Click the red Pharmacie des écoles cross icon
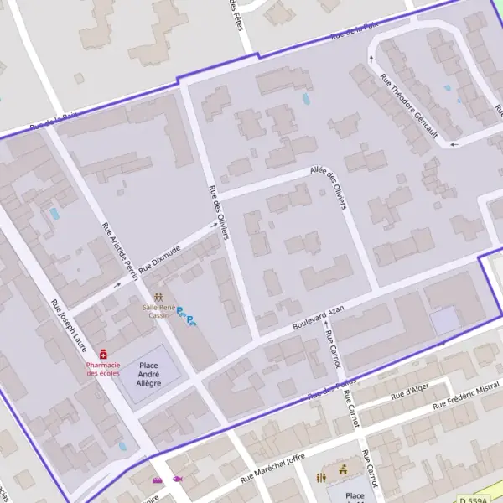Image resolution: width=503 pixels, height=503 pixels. coord(103,355)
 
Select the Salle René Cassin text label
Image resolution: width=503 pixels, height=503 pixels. coord(158,311)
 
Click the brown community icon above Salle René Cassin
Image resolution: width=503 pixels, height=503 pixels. coord(158,298)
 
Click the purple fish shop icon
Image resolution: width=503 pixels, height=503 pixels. coord(178,480)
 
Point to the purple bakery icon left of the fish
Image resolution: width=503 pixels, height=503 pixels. coord(157,480)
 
